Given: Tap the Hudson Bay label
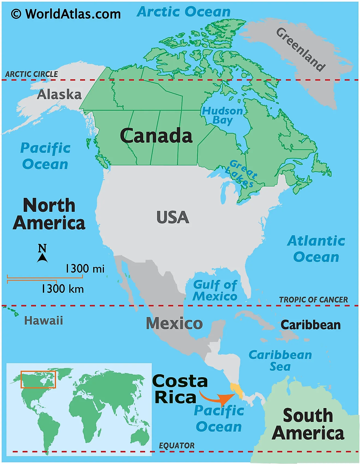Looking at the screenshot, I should (222, 115).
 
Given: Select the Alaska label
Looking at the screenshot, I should (59, 95).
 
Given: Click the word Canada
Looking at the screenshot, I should (156, 136).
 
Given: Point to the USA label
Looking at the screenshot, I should (173, 218).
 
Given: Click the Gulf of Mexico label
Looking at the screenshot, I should (215, 290).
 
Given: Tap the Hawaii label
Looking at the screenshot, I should (44, 320).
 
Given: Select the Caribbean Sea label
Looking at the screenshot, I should (280, 361).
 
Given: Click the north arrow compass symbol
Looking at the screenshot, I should (42, 254).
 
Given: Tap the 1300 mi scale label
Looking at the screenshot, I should (85, 269).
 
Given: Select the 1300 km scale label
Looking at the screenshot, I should (62, 289).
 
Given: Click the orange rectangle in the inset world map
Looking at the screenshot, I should (38, 379).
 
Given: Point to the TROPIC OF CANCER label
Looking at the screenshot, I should (313, 300).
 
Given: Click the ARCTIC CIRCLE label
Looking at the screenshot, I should (32, 74).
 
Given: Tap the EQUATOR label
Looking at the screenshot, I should (177, 446).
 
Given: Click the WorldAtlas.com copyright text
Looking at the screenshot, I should (66, 14).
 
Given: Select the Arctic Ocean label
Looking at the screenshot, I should (184, 12).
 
